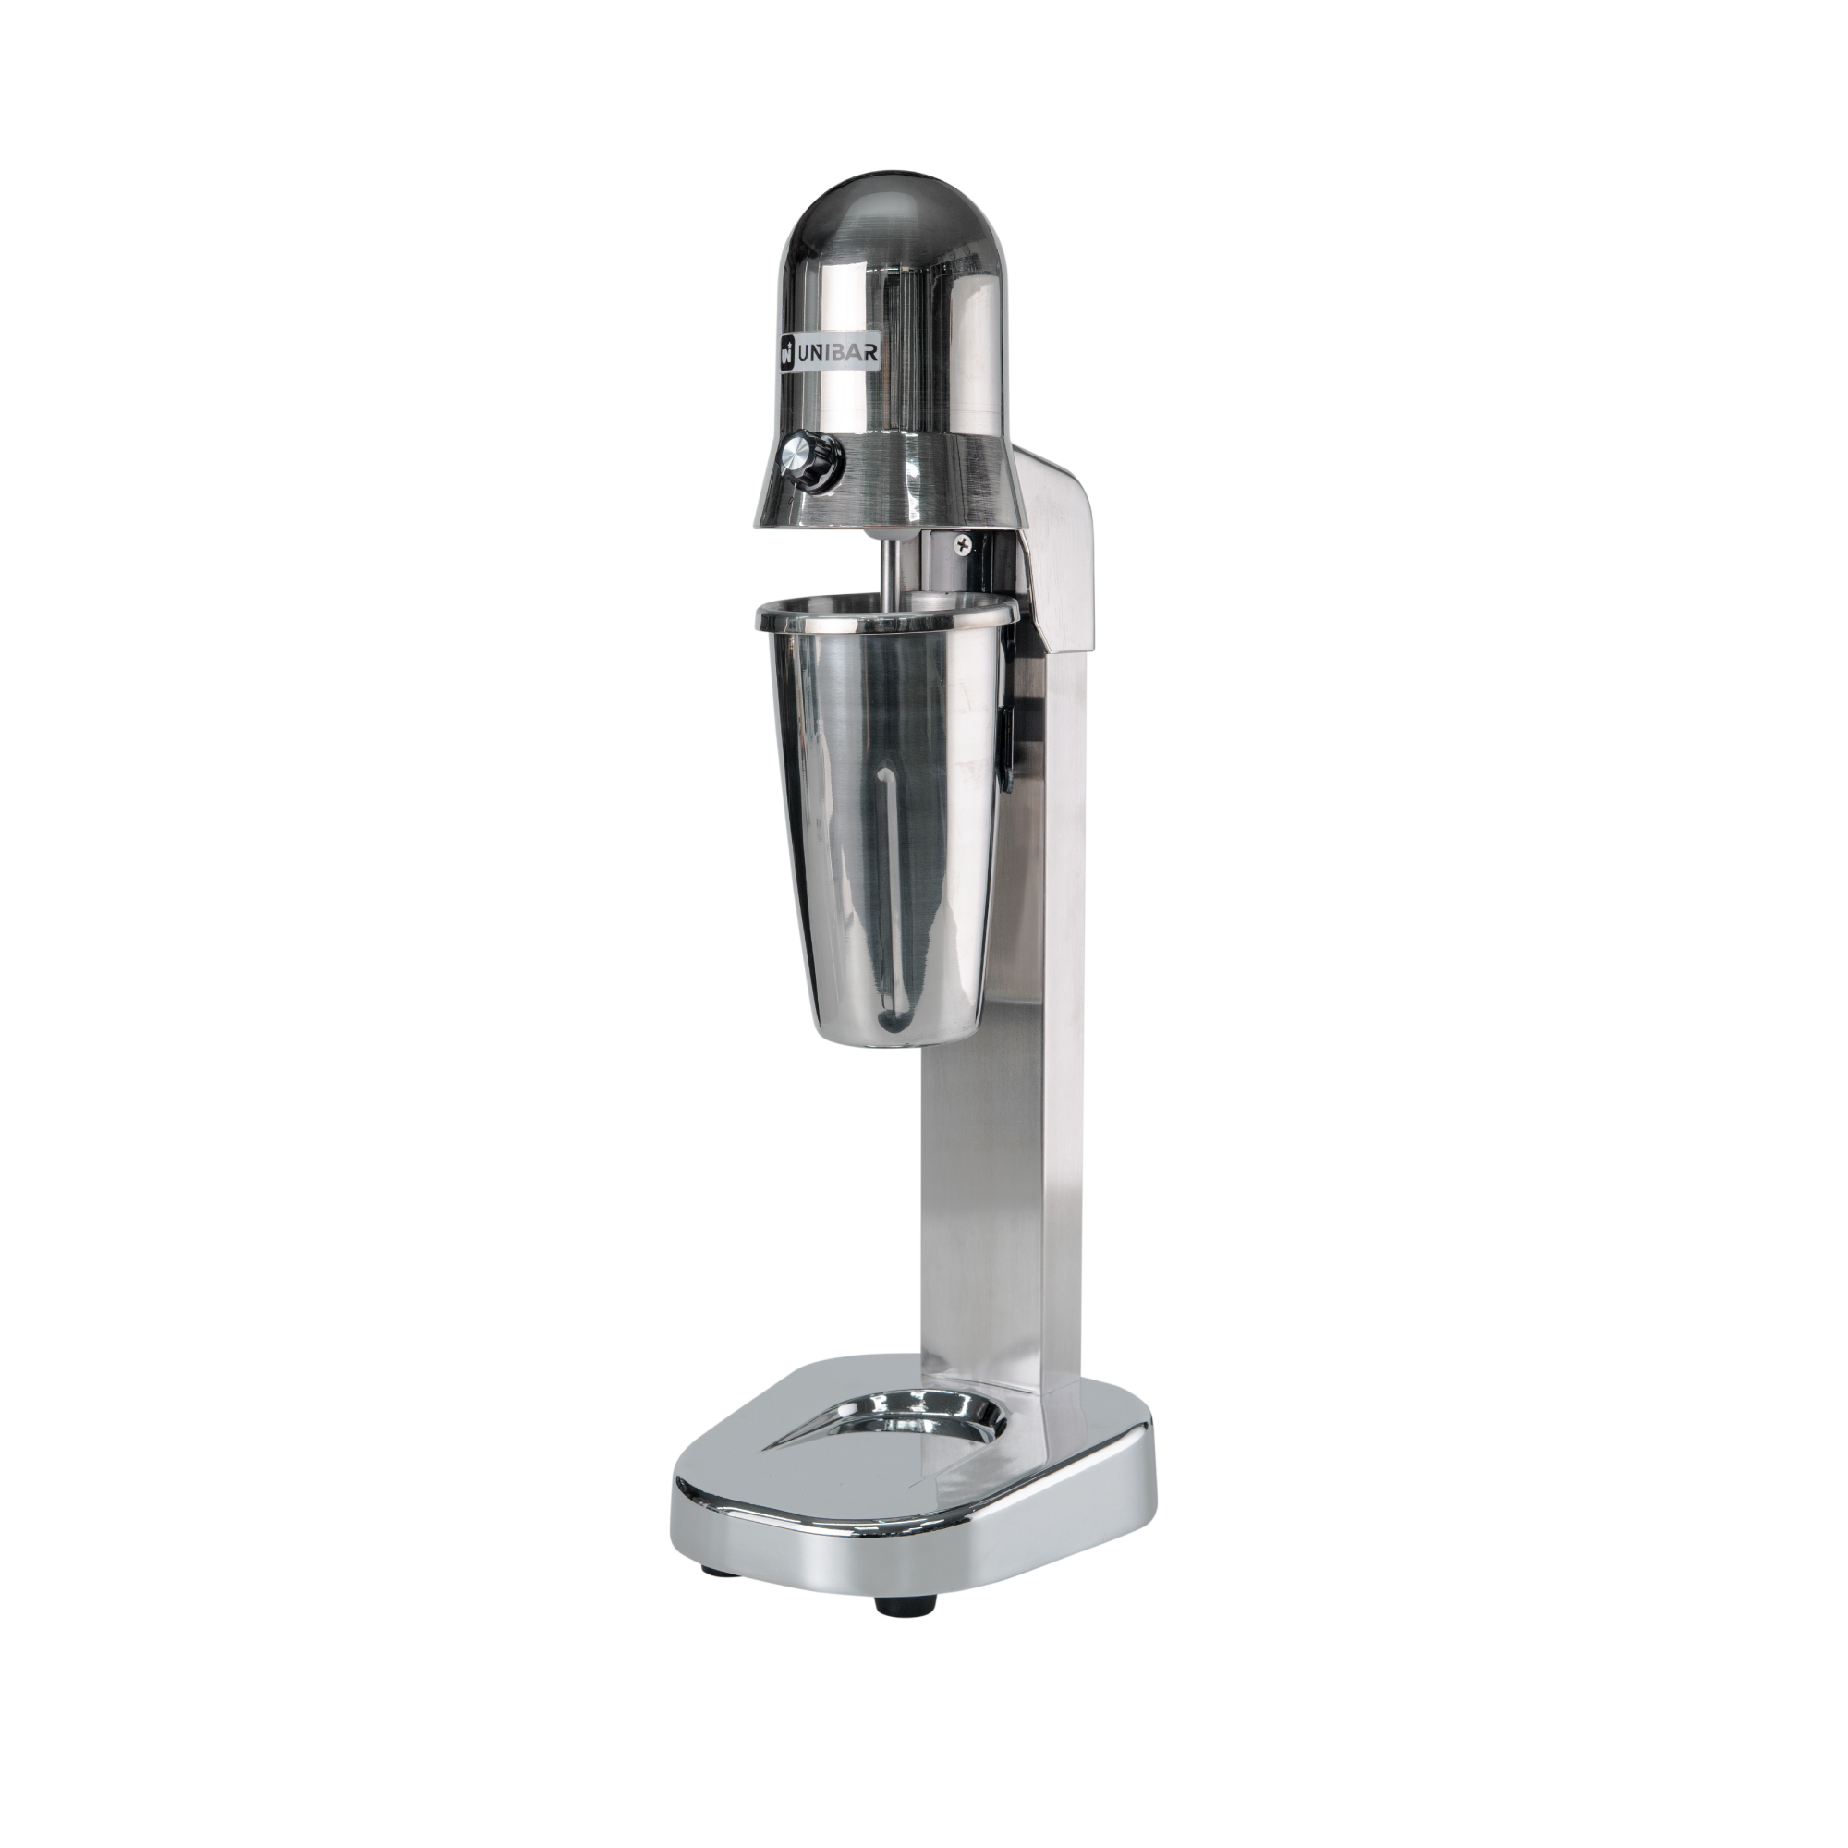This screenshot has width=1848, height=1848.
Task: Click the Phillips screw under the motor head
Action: pos(962,544)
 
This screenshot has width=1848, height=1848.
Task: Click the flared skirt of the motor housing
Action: pos(918,488)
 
